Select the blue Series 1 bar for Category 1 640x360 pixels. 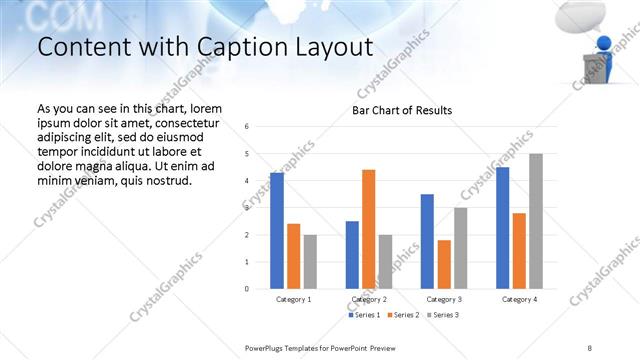277,230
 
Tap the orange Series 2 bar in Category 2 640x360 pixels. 368,229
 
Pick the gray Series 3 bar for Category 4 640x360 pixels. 536,221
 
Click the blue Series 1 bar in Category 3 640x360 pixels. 427,241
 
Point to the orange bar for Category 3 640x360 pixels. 444,264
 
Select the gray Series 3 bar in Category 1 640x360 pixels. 310,261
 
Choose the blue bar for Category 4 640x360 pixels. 502,228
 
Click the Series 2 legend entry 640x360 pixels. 402,316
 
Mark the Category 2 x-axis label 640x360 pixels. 368,299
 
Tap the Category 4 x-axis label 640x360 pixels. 519,299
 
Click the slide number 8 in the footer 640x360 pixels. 590,347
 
